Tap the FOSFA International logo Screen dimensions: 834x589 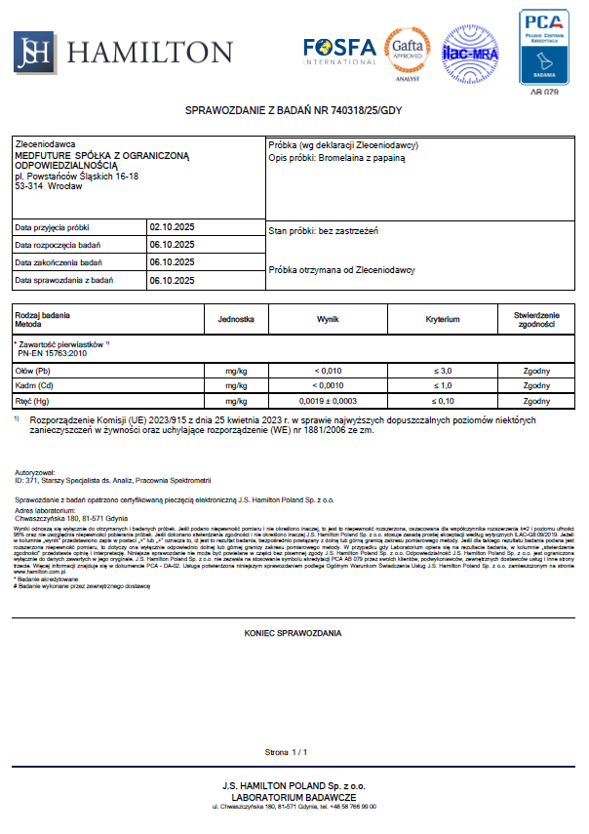(x=338, y=50)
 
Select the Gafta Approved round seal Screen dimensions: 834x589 (x=406, y=49)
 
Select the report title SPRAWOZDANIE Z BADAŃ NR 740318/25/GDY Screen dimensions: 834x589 (x=294, y=110)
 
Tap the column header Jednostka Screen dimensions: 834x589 (x=236, y=319)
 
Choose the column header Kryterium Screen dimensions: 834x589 (x=443, y=319)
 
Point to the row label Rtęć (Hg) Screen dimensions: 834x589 (x=33, y=401)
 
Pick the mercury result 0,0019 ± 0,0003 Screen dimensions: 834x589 (x=328, y=401)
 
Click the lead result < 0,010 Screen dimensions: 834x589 (x=328, y=372)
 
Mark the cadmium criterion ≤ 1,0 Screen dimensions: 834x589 (x=443, y=386)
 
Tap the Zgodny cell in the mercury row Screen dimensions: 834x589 (x=536, y=401)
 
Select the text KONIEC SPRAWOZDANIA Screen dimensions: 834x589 (x=293, y=633)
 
